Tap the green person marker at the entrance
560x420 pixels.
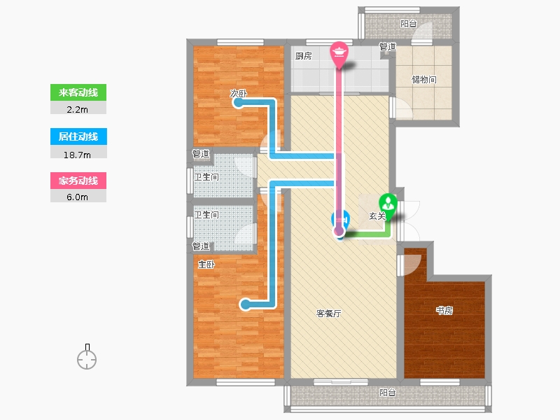(x=388, y=205)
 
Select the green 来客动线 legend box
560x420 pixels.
(x=78, y=92)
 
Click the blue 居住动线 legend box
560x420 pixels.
(x=78, y=136)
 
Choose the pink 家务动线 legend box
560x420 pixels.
(x=78, y=181)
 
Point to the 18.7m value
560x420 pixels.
(x=77, y=155)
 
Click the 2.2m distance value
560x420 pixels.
(x=77, y=110)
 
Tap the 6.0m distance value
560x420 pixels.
(x=77, y=197)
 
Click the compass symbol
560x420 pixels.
(x=87, y=357)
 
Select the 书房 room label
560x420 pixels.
(x=444, y=310)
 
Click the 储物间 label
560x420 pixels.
(x=424, y=79)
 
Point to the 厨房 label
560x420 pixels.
(x=304, y=56)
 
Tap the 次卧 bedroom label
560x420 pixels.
(x=238, y=93)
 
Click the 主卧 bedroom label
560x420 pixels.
(x=206, y=265)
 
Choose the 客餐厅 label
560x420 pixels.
(x=328, y=313)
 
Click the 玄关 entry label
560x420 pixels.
(x=377, y=216)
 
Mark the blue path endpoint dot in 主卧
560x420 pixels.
(x=246, y=304)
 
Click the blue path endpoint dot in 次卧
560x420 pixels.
(x=237, y=103)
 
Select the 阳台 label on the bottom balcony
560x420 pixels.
(x=388, y=393)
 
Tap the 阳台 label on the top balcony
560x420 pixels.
(x=409, y=24)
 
